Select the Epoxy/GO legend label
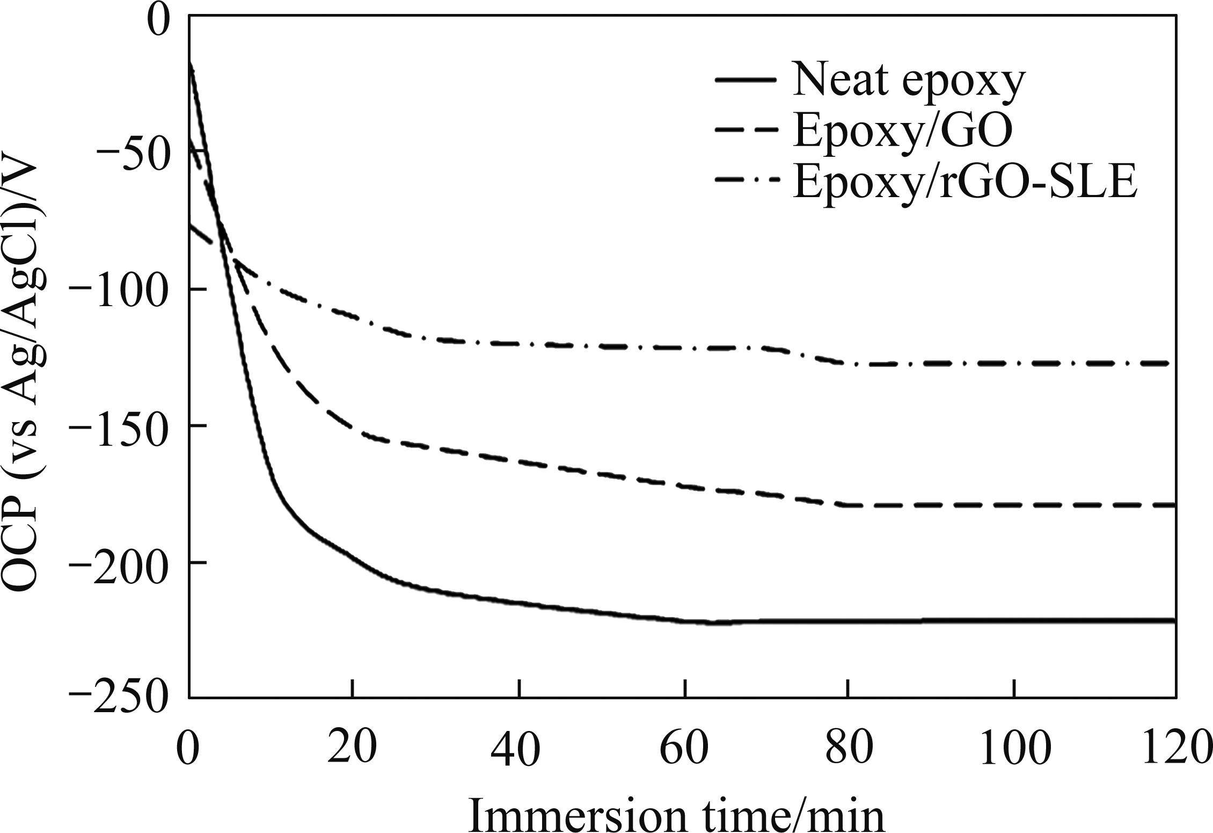[903, 133]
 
